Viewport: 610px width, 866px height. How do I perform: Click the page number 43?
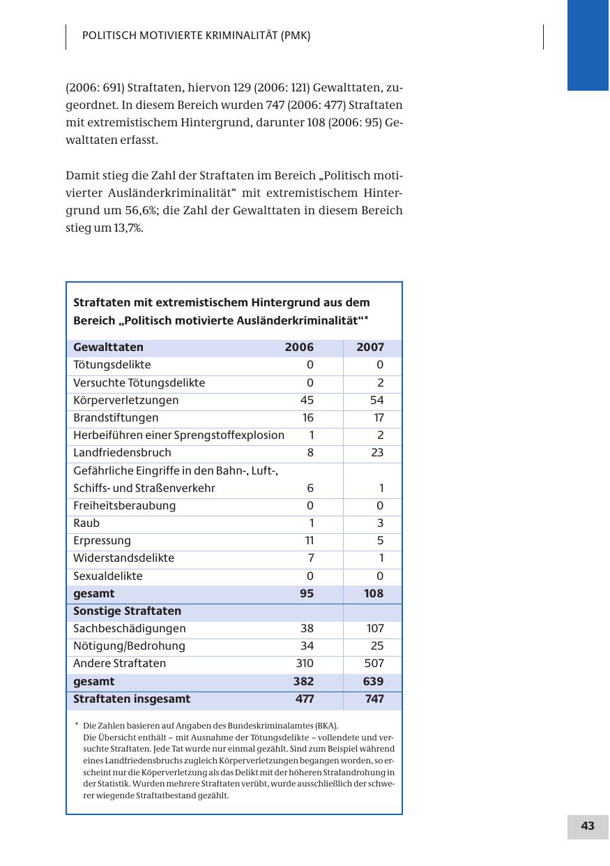tap(588, 826)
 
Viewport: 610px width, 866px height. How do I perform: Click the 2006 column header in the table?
tap(299, 348)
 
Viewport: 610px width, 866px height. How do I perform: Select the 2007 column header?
tap(370, 348)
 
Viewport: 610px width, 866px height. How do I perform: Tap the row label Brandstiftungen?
tap(116, 418)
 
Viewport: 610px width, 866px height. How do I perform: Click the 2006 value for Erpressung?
tap(310, 541)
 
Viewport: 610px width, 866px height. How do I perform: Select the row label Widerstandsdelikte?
tap(123, 558)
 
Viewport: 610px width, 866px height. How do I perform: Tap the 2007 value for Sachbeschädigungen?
tap(375, 629)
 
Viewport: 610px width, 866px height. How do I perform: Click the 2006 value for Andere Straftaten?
tap(305, 664)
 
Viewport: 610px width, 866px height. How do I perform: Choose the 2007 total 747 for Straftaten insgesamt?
tap(374, 699)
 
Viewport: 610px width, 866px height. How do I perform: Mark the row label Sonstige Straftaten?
tap(127, 611)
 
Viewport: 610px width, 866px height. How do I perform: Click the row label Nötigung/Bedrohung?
tap(129, 646)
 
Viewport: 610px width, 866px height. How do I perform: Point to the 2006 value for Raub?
tap(311, 523)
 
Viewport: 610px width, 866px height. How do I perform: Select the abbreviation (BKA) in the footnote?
tap(323, 726)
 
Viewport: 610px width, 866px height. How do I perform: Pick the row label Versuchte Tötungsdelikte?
tap(139, 383)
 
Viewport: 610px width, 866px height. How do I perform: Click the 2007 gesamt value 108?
tap(374, 594)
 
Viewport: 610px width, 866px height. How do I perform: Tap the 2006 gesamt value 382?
tap(303, 682)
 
